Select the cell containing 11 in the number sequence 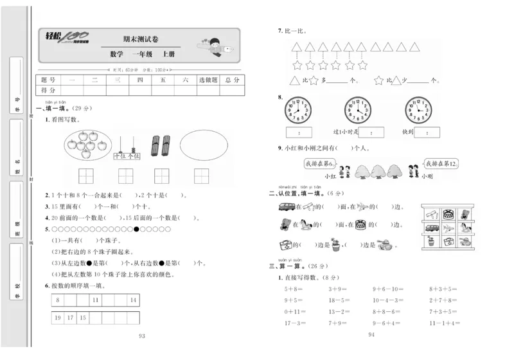coord(95,300)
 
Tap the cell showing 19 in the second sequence coord(58,318)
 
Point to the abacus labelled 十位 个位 coord(127,147)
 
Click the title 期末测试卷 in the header coord(137,39)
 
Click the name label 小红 coord(330,175)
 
